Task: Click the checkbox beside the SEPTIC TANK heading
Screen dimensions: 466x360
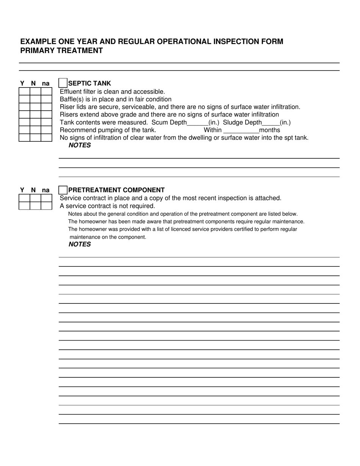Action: point(63,83)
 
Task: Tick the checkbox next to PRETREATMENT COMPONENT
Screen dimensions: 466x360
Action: point(63,190)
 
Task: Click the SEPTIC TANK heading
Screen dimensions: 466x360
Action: point(90,83)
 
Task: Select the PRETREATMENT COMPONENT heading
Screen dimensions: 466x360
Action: point(116,190)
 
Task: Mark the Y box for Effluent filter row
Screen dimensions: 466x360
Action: point(24,92)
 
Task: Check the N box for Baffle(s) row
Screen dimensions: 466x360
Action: point(35,99)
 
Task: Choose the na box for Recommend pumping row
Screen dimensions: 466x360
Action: point(46,130)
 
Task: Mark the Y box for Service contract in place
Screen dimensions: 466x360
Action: point(24,198)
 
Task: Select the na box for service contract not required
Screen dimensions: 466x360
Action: point(46,206)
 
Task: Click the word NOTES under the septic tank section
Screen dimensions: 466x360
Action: point(80,145)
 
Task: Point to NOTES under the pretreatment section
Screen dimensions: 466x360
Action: point(80,244)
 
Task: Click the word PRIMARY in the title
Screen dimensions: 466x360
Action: point(37,51)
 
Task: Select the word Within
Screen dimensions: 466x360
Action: point(213,130)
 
